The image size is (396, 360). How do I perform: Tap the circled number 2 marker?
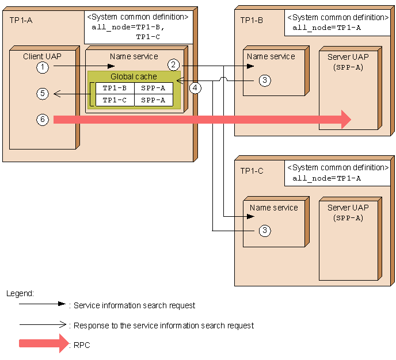pos(173,64)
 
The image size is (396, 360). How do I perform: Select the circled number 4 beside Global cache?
pos(196,88)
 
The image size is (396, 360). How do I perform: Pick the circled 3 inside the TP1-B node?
pos(264,81)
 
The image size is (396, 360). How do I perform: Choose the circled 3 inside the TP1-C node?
pos(264,231)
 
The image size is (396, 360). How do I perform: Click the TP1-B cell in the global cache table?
pos(115,88)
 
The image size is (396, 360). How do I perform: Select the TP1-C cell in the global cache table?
pos(115,100)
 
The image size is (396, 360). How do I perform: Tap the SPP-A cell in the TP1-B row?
pos(153,88)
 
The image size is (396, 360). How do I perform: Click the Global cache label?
pos(134,76)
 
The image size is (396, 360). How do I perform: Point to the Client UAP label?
pos(42,56)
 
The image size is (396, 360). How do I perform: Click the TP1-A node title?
pos(21,20)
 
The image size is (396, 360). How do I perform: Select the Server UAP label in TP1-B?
pos(348,57)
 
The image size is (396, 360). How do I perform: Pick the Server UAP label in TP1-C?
pos(348,208)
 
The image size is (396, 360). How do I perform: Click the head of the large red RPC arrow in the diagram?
pos(345,120)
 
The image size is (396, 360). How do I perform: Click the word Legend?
pos(20,293)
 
